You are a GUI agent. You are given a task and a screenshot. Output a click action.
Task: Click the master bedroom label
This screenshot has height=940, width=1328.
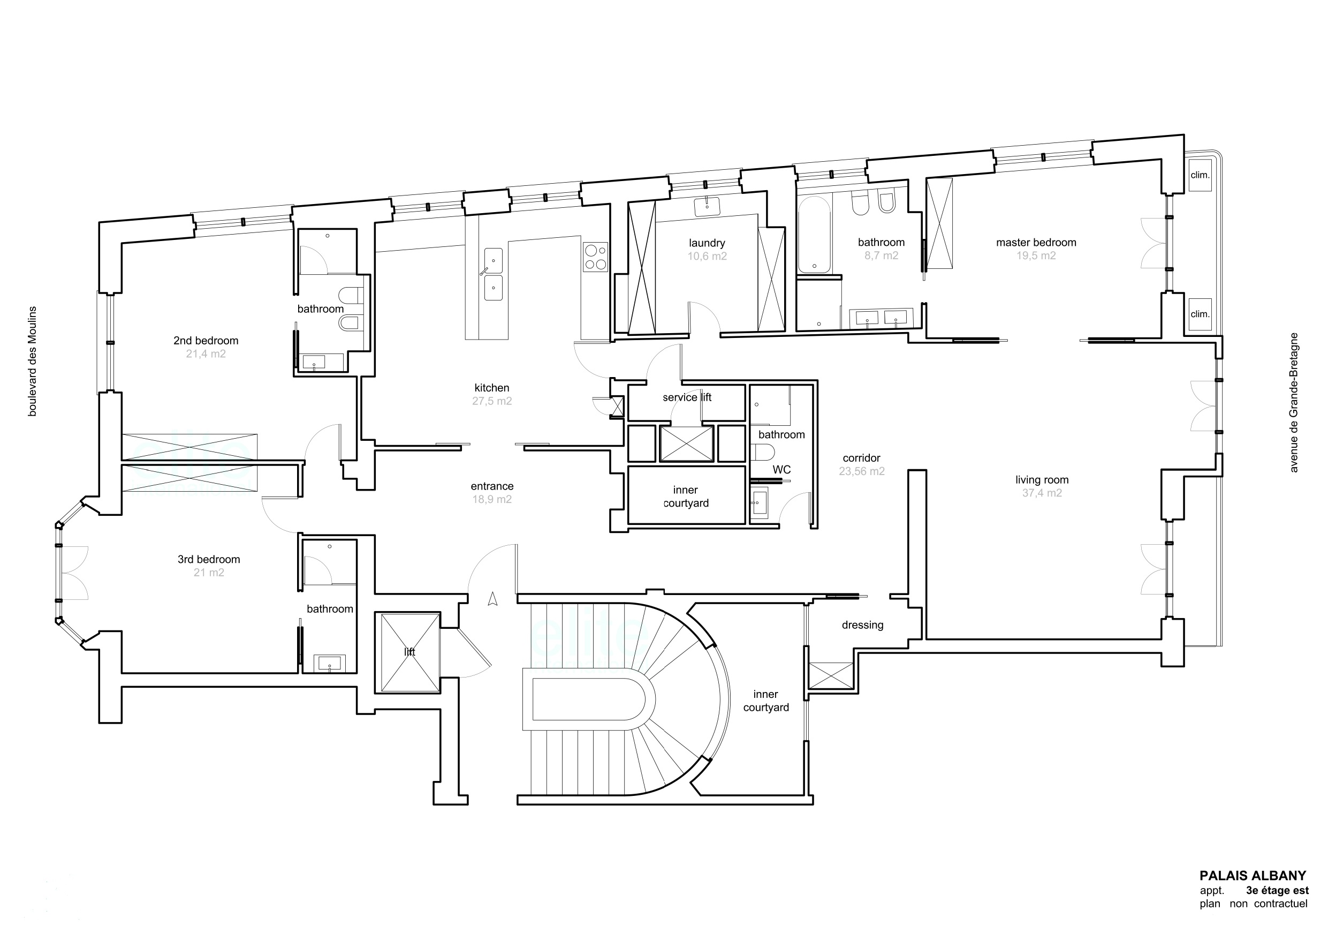(x=1036, y=243)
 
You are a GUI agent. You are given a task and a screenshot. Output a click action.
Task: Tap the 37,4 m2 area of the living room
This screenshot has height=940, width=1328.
(x=1042, y=493)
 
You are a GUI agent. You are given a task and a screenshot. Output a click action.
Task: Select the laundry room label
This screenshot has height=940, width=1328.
(x=707, y=243)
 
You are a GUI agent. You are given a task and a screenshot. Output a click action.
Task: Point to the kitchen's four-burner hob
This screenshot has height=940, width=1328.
(x=596, y=257)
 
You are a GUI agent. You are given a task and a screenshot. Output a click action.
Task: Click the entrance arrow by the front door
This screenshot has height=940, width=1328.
(x=493, y=598)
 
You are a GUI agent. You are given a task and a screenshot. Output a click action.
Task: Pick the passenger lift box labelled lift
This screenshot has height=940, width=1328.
(x=408, y=652)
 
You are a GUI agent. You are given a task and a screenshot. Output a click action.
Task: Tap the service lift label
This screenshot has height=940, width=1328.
(x=687, y=397)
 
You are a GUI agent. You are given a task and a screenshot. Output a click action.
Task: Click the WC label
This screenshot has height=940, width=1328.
(x=781, y=469)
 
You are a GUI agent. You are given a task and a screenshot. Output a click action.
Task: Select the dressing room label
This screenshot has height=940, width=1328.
(x=862, y=625)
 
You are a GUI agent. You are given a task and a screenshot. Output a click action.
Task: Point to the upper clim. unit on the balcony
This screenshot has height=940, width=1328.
(x=1200, y=175)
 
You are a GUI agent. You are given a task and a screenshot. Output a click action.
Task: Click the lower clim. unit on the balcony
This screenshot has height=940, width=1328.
(x=1200, y=314)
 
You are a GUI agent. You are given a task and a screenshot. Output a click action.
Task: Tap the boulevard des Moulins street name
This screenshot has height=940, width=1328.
(x=33, y=361)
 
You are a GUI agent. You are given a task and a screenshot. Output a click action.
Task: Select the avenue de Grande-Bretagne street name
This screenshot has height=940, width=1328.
(x=1294, y=402)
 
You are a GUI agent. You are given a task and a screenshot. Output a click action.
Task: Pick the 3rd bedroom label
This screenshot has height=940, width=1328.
(x=209, y=560)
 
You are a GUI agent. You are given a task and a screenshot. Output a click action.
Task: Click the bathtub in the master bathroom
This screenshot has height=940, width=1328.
(x=814, y=235)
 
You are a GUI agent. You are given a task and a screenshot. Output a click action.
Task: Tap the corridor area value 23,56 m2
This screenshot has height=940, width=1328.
(x=862, y=471)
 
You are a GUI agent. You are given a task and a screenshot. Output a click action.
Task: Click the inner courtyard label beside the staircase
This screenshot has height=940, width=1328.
(x=766, y=701)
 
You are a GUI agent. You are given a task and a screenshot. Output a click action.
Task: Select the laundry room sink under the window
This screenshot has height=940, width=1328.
(x=707, y=206)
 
